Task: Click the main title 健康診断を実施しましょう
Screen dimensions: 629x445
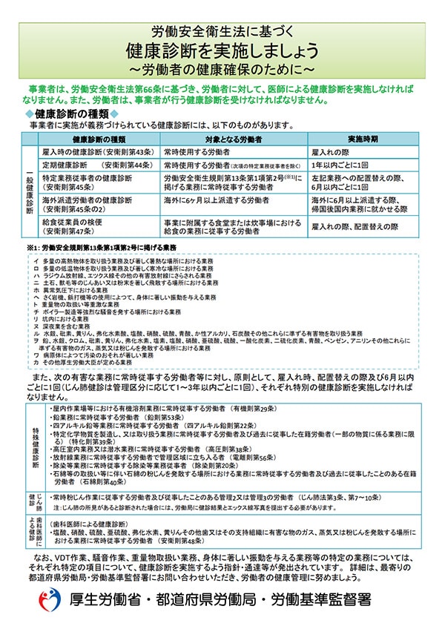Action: [x=222, y=51]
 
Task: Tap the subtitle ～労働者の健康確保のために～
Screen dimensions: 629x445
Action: [x=222, y=70]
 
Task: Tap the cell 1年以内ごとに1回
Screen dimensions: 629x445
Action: [x=341, y=165]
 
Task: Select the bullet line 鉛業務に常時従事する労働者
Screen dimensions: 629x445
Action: [x=127, y=418]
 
